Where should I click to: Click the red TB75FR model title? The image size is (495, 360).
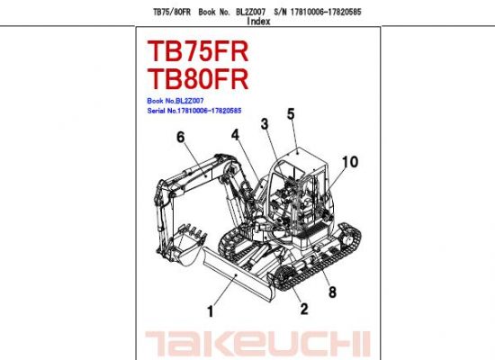tap(198, 51)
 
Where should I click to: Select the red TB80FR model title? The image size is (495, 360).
tap(198, 79)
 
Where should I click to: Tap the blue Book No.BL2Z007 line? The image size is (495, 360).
tap(175, 101)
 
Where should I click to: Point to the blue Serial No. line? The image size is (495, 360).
tap(194, 111)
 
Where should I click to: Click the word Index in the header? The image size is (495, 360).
tap(258, 22)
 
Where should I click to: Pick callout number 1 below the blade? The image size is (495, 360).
tap(211, 311)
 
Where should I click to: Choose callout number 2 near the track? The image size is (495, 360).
tap(303, 309)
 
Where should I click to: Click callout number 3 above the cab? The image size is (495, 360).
tap(265, 124)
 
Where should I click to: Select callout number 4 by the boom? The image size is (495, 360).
tap(235, 135)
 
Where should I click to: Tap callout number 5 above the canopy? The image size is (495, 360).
tap(291, 113)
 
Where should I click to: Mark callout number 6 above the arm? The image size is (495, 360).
tap(180, 137)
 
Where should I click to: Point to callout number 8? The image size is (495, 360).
tap(332, 292)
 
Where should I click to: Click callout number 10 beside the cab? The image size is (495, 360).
tap(350, 162)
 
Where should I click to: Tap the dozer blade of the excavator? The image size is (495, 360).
tap(238, 274)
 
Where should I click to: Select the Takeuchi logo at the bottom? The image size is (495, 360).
tap(257, 344)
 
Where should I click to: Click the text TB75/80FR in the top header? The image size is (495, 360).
tap(172, 12)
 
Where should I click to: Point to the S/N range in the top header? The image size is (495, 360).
tap(318, 12)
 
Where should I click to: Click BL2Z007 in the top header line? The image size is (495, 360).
tap(251, 12)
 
